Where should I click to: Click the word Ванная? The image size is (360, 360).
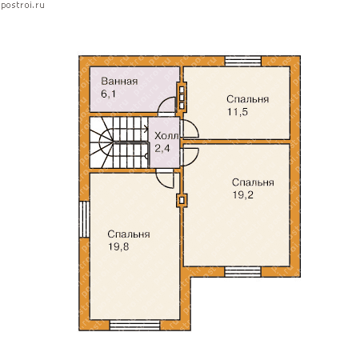[119, 82]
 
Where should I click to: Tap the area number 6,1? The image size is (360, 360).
[108, 94]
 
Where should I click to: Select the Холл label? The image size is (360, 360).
[166, 136]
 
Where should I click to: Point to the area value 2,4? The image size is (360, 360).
[162, 148]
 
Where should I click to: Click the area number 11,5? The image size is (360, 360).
[238, 112]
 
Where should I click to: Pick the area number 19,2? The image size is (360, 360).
[243, 195]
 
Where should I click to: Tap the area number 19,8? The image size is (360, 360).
[118, 246]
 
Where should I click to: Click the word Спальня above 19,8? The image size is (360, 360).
[129, 234]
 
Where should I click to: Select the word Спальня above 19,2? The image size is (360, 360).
[253, 182]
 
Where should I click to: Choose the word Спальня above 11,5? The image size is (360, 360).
[248, 99]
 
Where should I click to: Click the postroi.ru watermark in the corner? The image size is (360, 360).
[22, 6]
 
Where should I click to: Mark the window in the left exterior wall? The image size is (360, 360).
[85, 219]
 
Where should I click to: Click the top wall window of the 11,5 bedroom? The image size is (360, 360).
[242, 61]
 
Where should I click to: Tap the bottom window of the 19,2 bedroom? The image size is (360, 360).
[242, 272]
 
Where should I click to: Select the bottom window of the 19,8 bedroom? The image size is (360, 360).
[135, 326]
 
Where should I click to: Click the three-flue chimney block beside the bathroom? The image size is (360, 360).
[182, 97]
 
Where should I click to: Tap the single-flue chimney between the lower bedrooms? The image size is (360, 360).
[182, 201]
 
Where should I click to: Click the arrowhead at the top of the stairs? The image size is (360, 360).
[146, 130]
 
